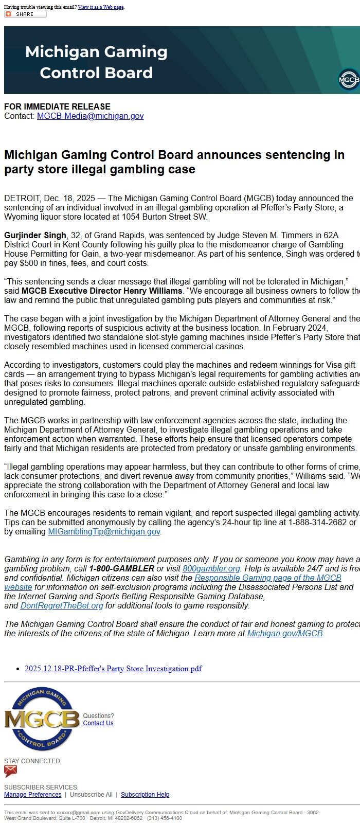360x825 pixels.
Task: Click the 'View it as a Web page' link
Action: click(x=101, y=7)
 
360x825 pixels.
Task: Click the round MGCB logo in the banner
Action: click(x=349, y=80)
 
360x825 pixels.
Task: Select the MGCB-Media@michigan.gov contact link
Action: click(x=90, y=116)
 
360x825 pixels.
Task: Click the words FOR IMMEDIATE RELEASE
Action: click(x=57, y=106)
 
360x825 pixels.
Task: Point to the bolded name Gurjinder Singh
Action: click(x=35, y=236)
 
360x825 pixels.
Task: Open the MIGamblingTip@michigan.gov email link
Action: click(x=104, y=532)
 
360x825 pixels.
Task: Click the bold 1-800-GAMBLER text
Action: click(x=121, y=569)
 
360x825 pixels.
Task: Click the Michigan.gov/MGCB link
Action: click(x=284, y=634)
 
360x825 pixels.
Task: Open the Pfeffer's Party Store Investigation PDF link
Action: click(x=113, y=669)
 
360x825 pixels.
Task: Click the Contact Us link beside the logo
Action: click(x=98, y=723)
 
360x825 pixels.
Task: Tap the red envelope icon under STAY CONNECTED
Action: click(x=11, y=771)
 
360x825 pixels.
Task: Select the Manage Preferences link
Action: click(x=32, y=795)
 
